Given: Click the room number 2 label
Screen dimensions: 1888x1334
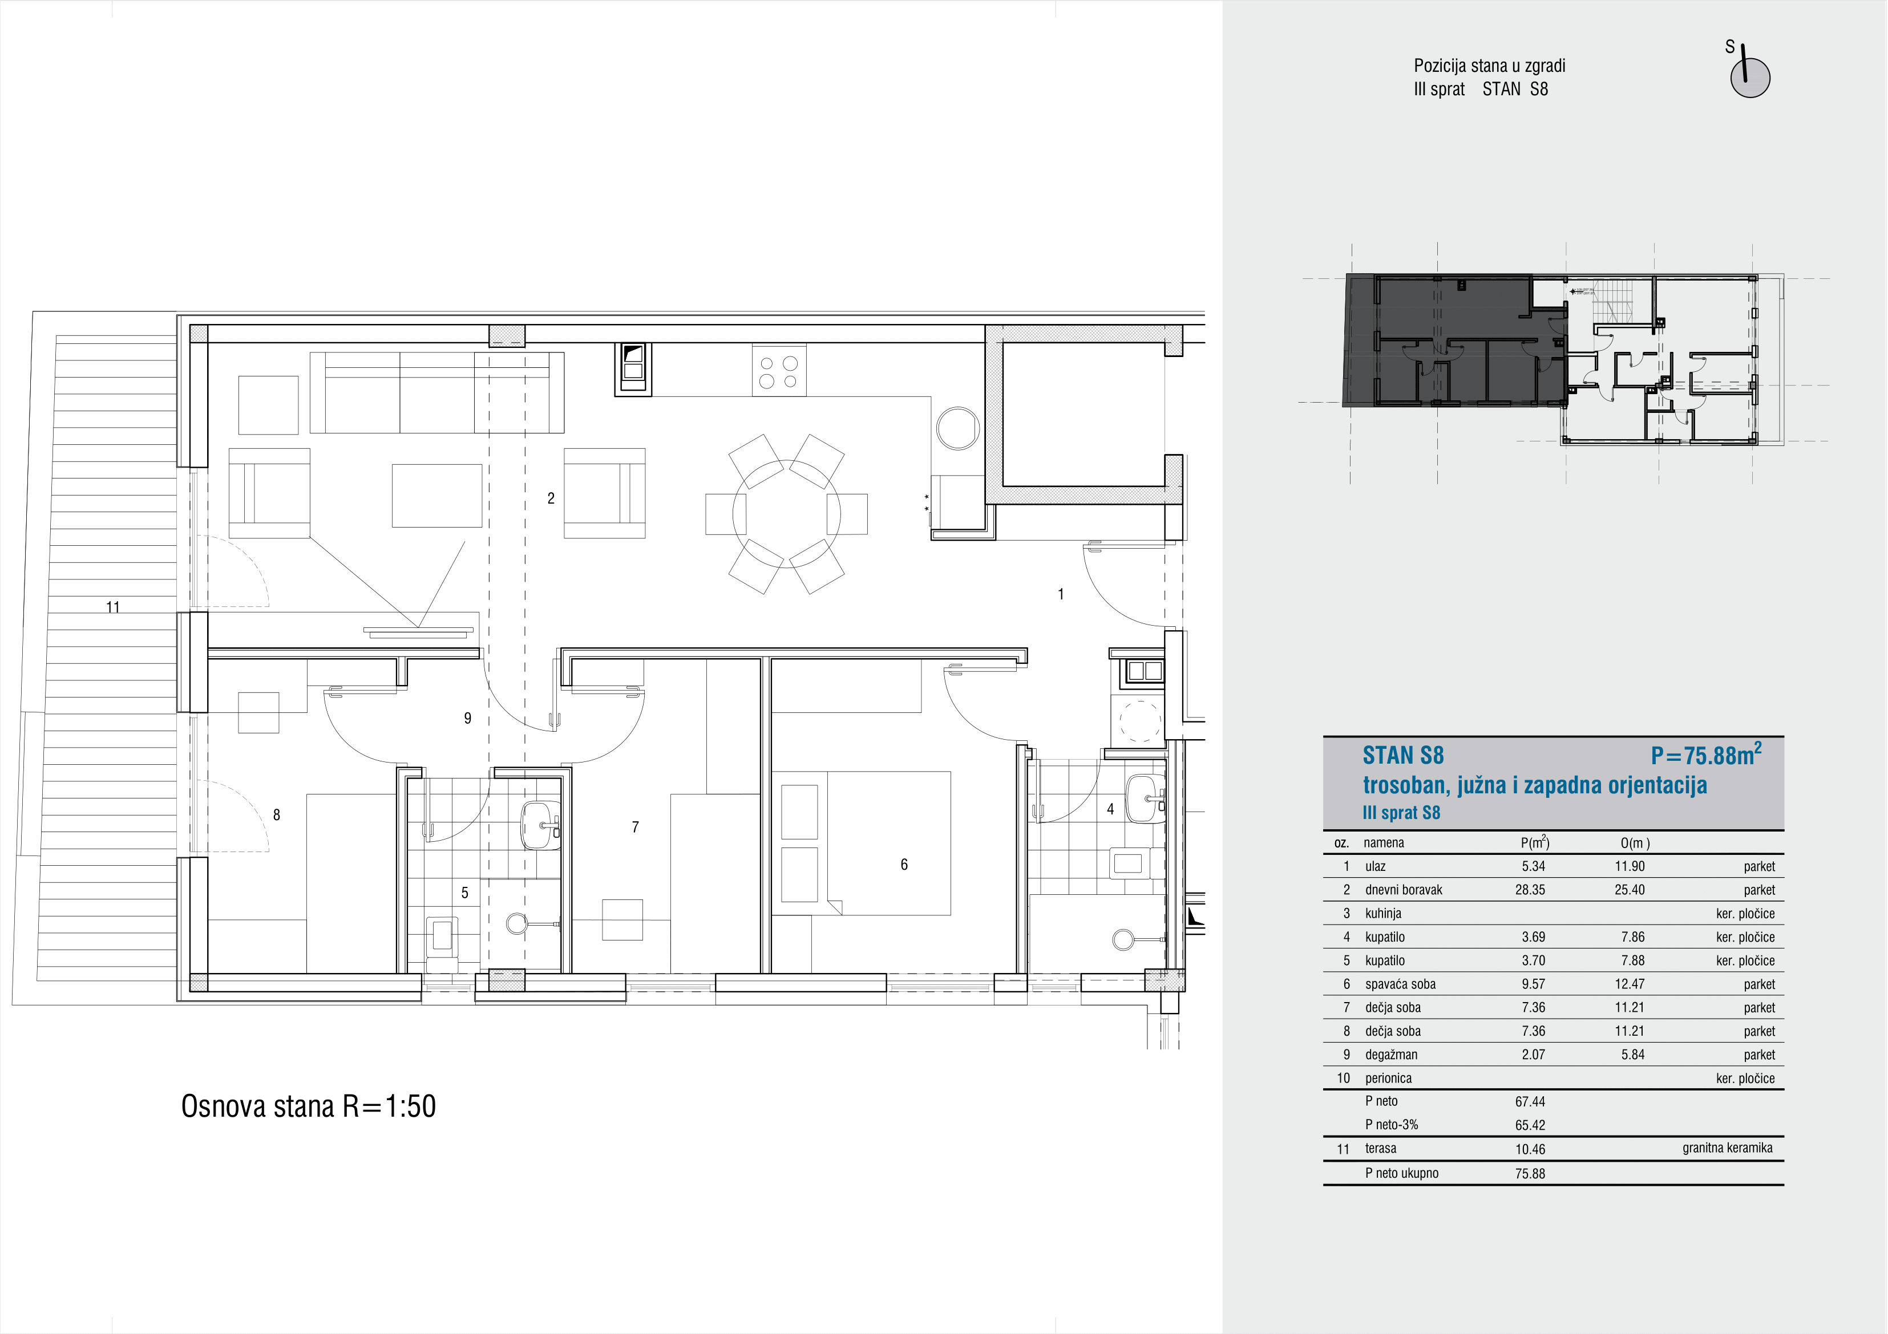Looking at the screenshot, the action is tap(551, 498).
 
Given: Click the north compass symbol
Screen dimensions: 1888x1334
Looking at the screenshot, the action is tap(1749, 75).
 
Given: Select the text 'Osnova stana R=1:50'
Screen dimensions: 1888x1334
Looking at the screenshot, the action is tap(308, 1106).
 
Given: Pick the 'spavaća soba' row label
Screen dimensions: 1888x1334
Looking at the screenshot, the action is tap(1400, 984).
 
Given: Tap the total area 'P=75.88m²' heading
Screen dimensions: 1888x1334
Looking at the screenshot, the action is tap(1706, 754).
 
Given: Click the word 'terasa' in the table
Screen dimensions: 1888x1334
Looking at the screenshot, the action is tap(1381, 1148).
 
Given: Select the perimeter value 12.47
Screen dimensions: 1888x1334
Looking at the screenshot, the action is tap(1629, 984).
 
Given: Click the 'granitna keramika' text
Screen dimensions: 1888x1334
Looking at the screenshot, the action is tap(1727, 1148).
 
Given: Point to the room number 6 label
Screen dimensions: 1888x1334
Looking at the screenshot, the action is tap(904, 864).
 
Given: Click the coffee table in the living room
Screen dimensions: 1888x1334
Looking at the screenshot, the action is tap(436, 495).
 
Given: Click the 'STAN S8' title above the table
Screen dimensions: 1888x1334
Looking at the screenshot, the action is tap(1403, 755).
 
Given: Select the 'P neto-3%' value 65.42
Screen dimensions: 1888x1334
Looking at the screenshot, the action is tap(1530, 1125).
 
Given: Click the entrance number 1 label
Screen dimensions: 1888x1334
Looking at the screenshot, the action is tap(1061, 594).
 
